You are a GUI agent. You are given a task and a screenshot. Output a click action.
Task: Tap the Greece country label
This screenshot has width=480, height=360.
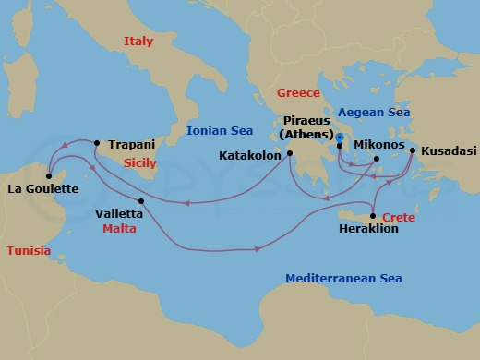tap(298, 93)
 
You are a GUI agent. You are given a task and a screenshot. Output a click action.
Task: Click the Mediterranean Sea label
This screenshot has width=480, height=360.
tap(343, 278)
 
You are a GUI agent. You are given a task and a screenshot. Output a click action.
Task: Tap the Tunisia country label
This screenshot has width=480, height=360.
tap(29, 251)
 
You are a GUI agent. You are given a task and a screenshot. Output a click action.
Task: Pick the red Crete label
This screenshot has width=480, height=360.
tap(399, 217)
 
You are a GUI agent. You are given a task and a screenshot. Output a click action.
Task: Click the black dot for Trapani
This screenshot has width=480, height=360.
tap(97, 142)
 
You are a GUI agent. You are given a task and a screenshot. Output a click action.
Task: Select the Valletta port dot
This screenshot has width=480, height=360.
tap(140, 201)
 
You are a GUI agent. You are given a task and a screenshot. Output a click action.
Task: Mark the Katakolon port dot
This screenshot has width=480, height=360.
tap(290, 154)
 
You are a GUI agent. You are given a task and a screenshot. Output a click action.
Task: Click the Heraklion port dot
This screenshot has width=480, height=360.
tap(372, 216)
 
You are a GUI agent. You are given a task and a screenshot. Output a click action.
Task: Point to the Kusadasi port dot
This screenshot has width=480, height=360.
tap(413, 150)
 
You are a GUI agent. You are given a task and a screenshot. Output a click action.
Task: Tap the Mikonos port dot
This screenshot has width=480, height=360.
tap(377, 159)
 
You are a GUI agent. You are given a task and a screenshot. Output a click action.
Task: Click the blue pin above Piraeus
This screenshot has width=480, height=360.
tap(340, 138)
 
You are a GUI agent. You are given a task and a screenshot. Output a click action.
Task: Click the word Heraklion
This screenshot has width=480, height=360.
tap(368, 229)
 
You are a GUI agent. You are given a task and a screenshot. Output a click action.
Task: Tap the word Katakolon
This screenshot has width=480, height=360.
tap(250, 155)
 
